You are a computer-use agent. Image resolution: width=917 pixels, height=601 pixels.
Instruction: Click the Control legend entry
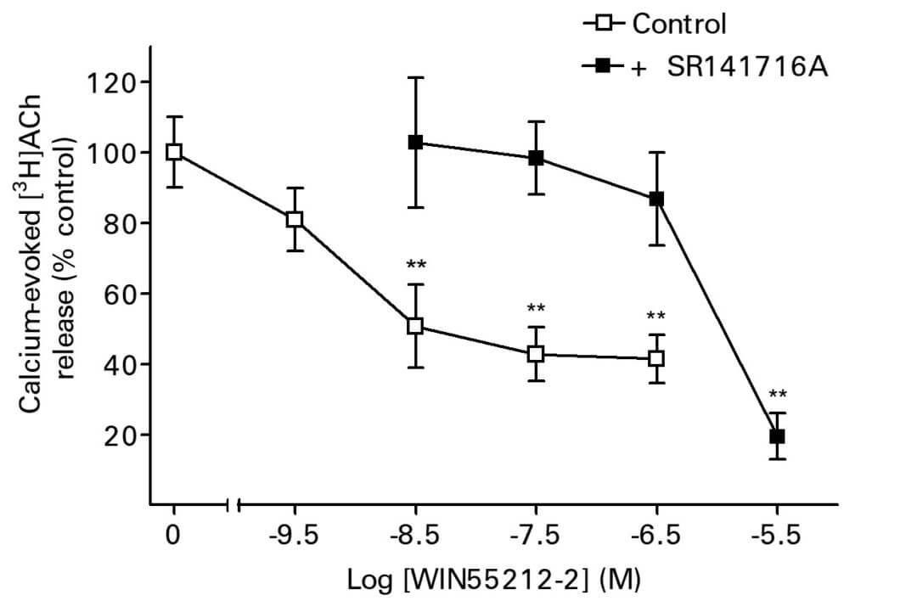point(655,24)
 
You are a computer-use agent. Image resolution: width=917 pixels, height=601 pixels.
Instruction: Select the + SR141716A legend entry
point(705,66)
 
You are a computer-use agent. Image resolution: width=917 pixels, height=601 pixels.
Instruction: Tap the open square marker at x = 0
point(174,152)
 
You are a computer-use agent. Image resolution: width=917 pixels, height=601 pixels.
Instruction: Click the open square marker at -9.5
point(295,219)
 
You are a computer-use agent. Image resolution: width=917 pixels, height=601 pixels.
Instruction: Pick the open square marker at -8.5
point(415,326)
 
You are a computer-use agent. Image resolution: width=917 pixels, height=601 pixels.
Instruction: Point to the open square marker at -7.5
point(536,354)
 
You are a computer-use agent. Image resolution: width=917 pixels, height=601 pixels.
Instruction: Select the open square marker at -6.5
point(656,358)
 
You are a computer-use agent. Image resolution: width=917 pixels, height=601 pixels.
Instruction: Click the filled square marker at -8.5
point(415,143)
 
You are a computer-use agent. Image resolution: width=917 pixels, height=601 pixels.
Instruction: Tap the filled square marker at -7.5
point(536,158)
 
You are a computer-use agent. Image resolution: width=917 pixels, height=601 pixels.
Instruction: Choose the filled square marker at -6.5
point(656,199)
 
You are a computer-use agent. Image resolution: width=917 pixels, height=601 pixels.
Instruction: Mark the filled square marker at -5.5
point(777,436)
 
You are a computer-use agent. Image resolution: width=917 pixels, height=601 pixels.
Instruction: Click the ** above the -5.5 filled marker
point(777,395)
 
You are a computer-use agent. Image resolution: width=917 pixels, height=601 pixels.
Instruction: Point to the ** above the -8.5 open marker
point(415,265)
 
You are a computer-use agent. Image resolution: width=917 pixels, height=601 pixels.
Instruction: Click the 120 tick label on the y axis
point(112,82)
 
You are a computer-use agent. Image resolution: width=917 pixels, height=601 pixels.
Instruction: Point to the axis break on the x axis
point(234,506)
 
